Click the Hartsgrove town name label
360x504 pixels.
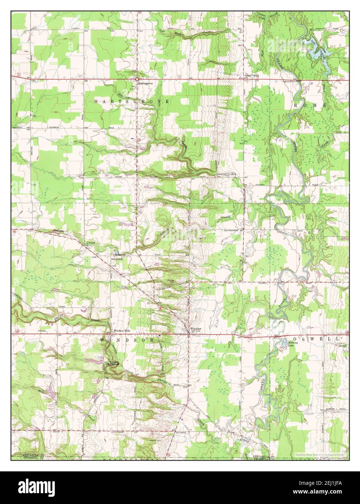click(144, 83)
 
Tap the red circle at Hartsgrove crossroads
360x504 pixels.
click(138, 79)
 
